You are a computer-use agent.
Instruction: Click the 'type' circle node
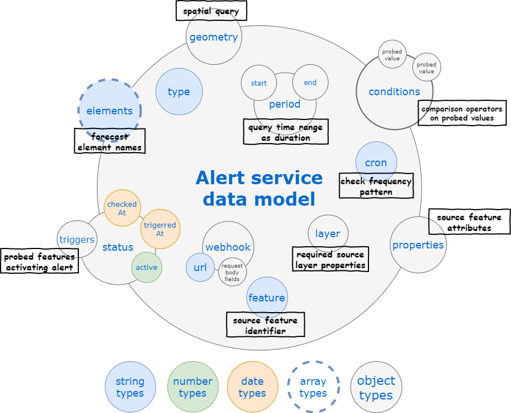(x=179, y=92)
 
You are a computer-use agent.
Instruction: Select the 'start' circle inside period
(x=259, y=83)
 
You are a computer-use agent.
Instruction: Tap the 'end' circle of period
(x=310, y=82)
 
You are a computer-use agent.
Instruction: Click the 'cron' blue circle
(x=376, y=162)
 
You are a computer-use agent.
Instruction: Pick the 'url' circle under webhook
(x=200, y=267)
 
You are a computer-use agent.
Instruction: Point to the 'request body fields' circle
(x=232, y=272)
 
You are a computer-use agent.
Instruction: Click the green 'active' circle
(x=146, y=267)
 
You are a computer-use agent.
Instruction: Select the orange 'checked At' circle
(x=122, y=208)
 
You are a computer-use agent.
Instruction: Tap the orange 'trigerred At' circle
(x=160, y=229)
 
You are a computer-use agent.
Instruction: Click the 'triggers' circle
(x=76, y=239)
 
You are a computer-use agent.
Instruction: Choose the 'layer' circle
(x=327, y=234)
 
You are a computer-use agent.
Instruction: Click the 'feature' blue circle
(x=267, y=297)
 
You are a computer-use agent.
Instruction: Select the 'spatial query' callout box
(x=211, y=11)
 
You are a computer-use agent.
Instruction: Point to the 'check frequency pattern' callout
(x=376, y=186)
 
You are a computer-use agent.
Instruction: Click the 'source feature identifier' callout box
(x=265, y=325)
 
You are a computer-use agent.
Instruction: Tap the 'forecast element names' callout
(x=110, y=141)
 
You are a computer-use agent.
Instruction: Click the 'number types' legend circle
(x=192, y=387)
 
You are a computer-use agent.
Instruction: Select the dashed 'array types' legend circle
(x=313, y=387)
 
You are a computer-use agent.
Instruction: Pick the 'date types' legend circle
(x=252, y=387)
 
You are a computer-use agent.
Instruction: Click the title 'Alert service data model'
(x=259, y=188)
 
